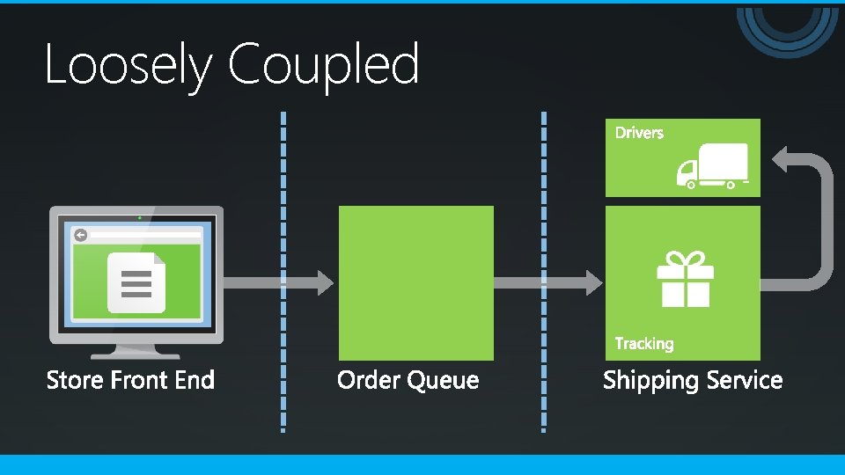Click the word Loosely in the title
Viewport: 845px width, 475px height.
tap(129, 65)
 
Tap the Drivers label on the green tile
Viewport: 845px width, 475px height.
tap(639, 133)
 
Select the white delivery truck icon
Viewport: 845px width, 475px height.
tap(712, 165)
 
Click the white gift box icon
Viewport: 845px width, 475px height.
tap(685, 279)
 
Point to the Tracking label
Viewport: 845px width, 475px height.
tap(643, 344)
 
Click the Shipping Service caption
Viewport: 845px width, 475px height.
tap(692, 380)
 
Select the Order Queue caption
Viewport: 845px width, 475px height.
tap(408, 380)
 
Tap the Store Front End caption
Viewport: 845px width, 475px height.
tap(130, 380)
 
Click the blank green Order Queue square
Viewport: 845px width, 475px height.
tap(415, 282)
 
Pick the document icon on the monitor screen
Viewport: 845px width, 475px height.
tap(136, 282)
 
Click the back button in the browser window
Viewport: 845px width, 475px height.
tap(81, 235)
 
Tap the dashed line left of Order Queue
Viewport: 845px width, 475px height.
tap(283, 264)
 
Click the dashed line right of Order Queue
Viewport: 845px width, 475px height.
tap(544, 264)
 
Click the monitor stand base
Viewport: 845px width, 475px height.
tap(136, 354)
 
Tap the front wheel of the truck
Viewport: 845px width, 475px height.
tap(691, 185)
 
